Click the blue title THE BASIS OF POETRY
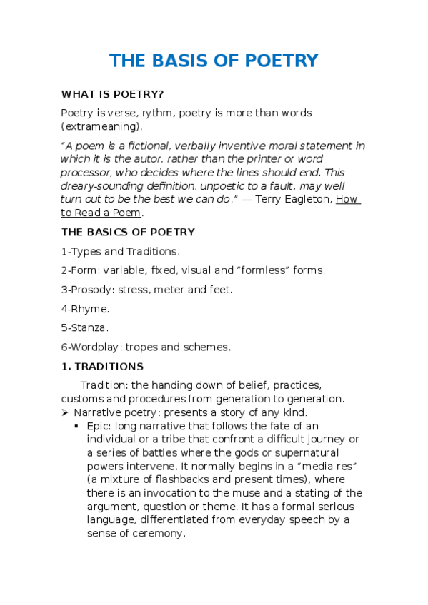[214, 61]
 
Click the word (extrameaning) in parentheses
[101, 126]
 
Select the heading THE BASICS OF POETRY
[128, 232]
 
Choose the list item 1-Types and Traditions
[120, 251]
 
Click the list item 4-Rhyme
[85, 309]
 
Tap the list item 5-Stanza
[85, 328]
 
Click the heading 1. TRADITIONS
[102, 367]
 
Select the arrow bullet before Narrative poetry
[65, 413]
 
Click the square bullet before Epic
[76, 426]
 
